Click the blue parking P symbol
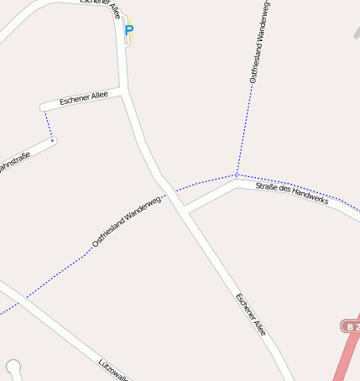click(x=128, y=30)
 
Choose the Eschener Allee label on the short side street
click(x=83, y=100)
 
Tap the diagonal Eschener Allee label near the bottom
click(x=251, y=315)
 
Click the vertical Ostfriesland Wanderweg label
click(x=259, y=42)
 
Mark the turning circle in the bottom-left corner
click(x=13, y=366)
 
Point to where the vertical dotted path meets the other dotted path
click(x=237, y=175)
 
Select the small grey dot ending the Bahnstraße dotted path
click(x=53, y=141)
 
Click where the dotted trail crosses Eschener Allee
click(x=167, y=190)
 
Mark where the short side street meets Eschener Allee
click(x=125, y=92)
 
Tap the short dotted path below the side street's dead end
click(x=48, y=124)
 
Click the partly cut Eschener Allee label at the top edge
click(x=100, y=3)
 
